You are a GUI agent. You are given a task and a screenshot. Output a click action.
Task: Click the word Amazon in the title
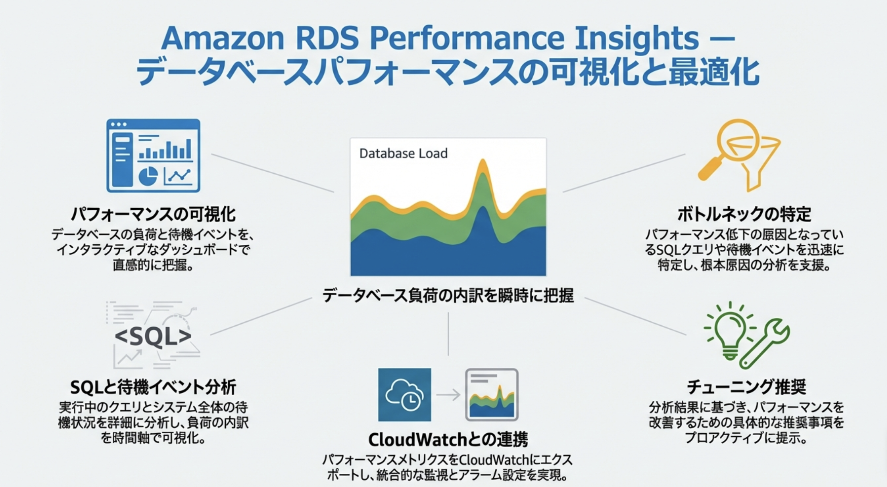tap(223, 38)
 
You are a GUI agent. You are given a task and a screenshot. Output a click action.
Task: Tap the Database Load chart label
tap(403, 153)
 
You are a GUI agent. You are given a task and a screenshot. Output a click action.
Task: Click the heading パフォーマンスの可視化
tap(153, 214)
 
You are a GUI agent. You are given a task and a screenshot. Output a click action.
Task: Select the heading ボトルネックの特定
tap(744, 214)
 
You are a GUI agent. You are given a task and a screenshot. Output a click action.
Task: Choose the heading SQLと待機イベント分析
tap(153, 387)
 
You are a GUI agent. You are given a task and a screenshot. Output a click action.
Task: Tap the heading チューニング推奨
tap(746, 387)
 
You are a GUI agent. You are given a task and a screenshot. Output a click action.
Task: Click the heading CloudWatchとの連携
tap(448, 440)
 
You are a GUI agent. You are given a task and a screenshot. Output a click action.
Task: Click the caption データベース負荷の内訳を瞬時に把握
tap(448, 296)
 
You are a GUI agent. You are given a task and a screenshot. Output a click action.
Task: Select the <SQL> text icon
tap(153, 336)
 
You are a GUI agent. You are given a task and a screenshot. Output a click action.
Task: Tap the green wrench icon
tap(766, 343)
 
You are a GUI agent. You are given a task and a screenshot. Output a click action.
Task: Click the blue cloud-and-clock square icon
tap(405, 395)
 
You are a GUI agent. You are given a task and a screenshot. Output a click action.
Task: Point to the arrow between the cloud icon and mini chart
tap(448, 395)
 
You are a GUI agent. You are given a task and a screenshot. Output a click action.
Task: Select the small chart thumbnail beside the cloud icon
tap(492, 395)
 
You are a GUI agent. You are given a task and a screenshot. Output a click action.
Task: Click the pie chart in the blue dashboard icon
tap(148, 177)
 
